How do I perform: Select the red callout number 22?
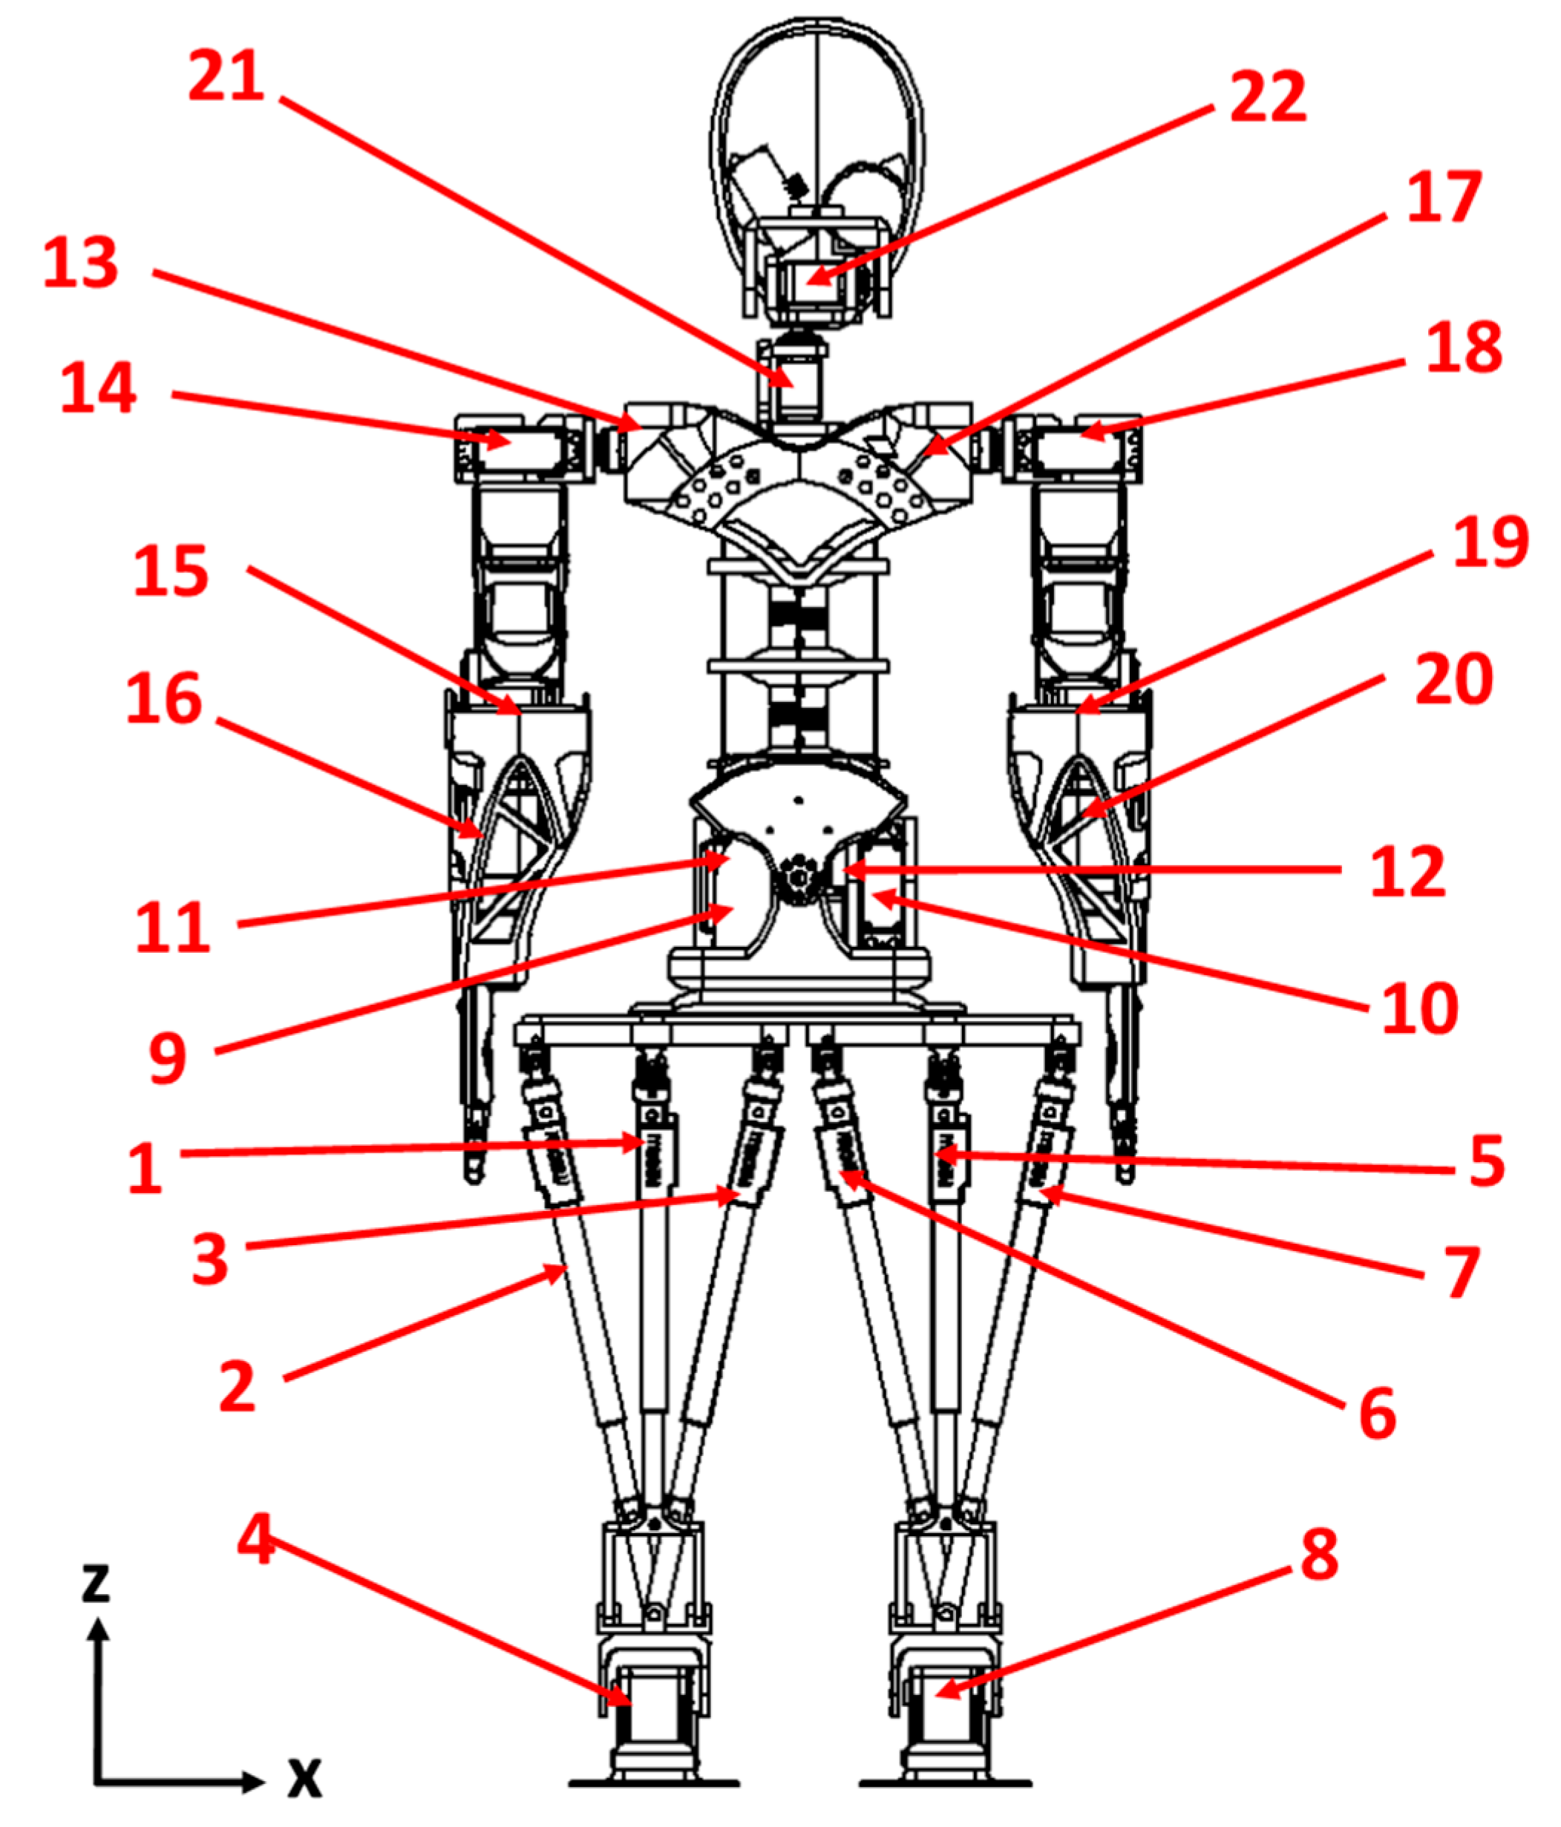pyautogui.click(x=1267, y=97)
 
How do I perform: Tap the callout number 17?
pyautogui.click(x=1444, y=197)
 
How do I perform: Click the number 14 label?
pyautogui.click(x=98, y=388)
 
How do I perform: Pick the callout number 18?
pyautogui.click(x=1464, y=347)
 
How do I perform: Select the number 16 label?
pyautogui.click(x=164, y=698)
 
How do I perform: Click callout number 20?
pyautogui.click(x=1453, y=679)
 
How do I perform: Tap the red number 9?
pyautogui.click(x=168, y=1058)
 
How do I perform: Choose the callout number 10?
pyautogui.click(x=1420, y=1008)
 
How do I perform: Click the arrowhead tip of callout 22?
pyautogui.click(x=808, y=282)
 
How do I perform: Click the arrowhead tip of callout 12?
pyautogui.click(x=842, y=871)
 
